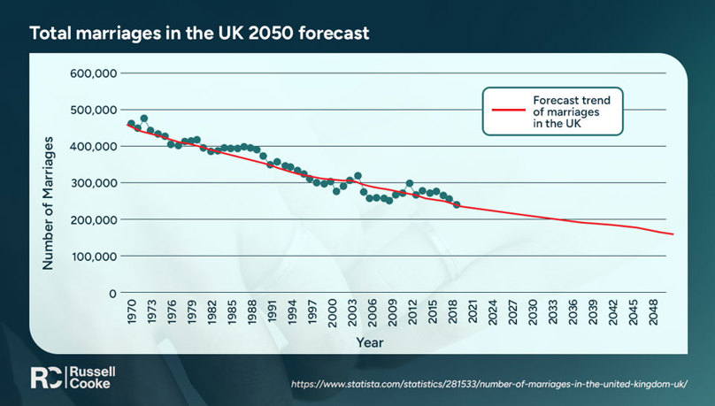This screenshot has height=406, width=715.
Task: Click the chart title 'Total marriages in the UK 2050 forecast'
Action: click(x=199, y=34)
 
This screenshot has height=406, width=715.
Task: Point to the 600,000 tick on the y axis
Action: click(x=93, y=73)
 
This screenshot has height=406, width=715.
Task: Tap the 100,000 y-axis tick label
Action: click(x=93, y=257)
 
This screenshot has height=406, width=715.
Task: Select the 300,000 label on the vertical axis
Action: click(x=93, y=183)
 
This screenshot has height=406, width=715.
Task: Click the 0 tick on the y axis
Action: click(x=112, y=293)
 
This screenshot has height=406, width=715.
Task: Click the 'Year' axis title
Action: click(x=369, y=341)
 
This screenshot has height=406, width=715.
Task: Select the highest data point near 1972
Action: click(x=144, y=119)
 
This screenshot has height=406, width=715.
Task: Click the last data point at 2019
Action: click(x=457, y=204)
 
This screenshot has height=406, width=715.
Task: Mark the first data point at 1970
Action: click(x=131, y=124)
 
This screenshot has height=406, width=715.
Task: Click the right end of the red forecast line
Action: click(x=673, y=234)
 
